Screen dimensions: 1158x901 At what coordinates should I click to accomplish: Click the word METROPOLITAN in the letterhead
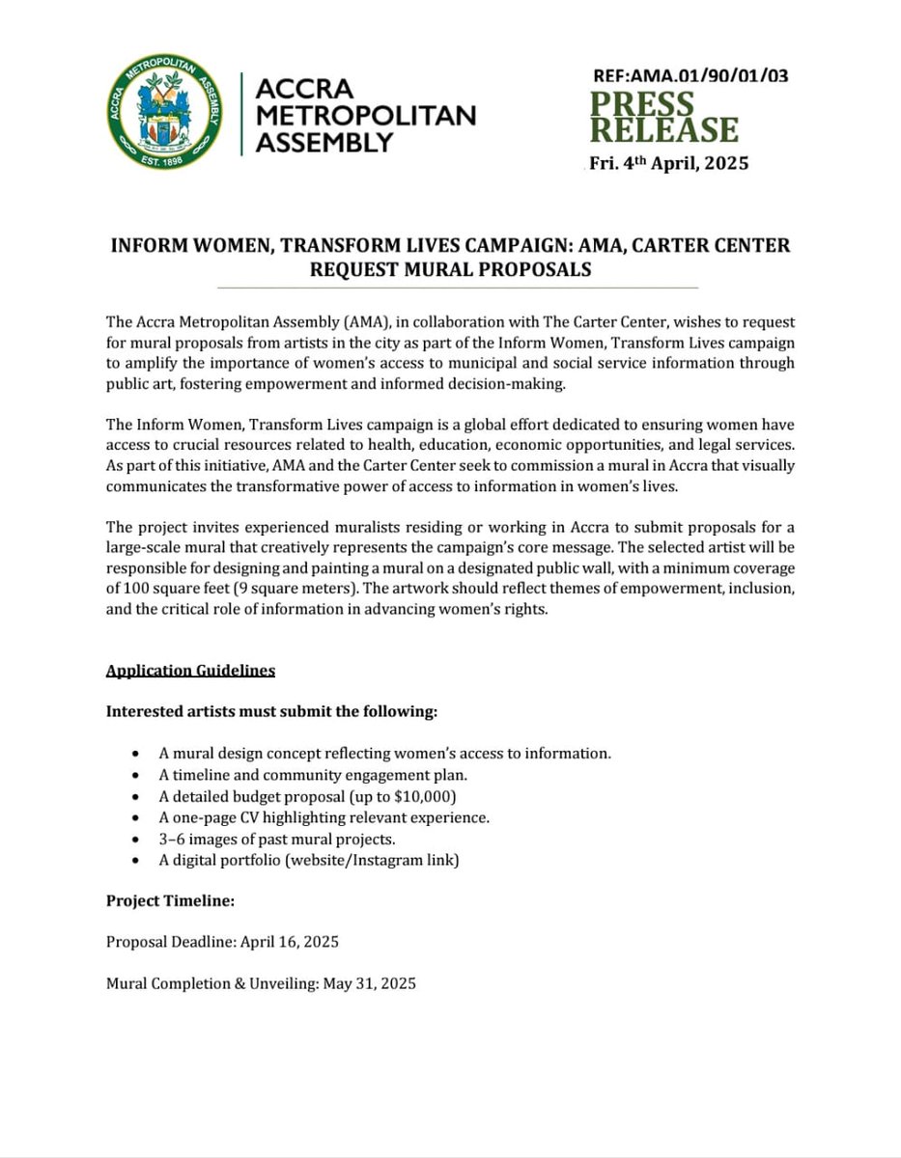tap(366, 116)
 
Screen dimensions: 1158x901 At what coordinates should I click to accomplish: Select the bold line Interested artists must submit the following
tap(271, 712)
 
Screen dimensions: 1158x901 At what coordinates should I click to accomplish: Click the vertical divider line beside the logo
tap(240, 116)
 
